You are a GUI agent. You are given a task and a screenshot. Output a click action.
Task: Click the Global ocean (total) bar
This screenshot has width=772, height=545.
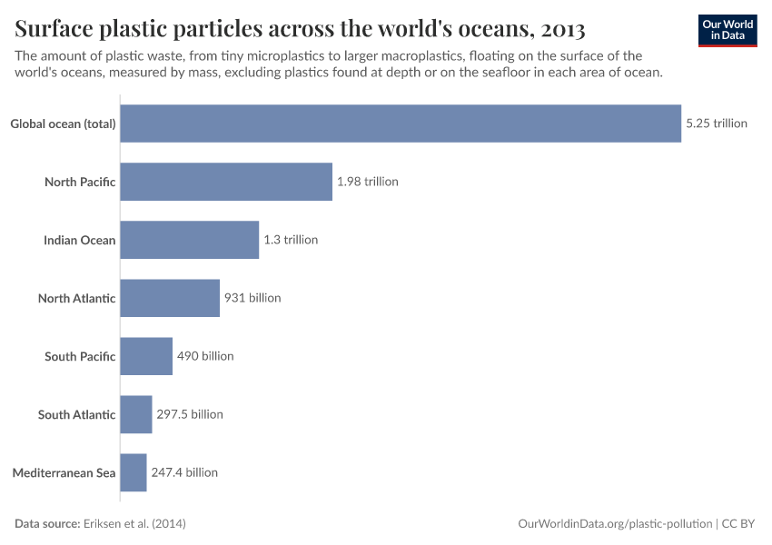(400, 124)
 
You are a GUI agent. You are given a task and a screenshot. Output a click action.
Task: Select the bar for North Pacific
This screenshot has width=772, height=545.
(225, 182)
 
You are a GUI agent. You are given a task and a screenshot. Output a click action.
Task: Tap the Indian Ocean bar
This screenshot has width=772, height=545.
(189, 240)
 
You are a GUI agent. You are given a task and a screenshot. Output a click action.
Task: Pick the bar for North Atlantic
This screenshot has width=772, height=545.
(170, 298)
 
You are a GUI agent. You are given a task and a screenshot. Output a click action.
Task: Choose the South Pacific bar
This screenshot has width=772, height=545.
(145, 356)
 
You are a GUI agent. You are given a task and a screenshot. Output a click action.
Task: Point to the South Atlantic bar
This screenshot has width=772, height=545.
(135, 414)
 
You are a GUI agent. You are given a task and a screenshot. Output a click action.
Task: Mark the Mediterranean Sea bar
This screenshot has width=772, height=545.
(133, 472)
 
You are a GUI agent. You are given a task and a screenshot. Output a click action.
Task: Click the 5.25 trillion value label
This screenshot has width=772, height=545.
(717, 124)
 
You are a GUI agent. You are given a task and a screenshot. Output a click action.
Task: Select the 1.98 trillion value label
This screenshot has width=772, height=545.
(367, 182)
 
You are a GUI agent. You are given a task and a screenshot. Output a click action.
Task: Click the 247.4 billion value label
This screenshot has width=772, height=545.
(184, 472)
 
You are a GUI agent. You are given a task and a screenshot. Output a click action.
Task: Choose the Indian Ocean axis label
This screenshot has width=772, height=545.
(80, 240)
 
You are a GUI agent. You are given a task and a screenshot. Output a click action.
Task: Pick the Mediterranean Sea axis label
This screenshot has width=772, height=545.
(64, 472)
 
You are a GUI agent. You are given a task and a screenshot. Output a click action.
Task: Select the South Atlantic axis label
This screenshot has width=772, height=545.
(77, 414)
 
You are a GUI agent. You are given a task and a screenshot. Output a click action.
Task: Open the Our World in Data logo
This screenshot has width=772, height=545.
(727, 29)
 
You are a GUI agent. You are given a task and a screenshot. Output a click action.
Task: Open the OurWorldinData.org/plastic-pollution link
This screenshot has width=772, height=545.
(615, 523)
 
